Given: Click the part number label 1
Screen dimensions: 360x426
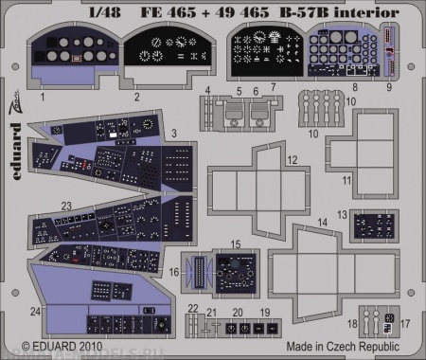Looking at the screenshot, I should tap(42, 97).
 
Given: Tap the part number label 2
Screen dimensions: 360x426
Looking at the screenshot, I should tap(136, 97).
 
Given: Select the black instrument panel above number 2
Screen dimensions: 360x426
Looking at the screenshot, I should tap(168, 55).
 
